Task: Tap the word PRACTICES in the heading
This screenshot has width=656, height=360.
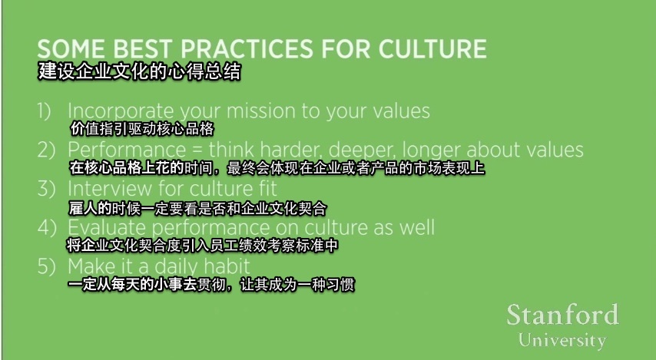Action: (x=247, y=48)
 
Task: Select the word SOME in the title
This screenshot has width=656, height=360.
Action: (x=71, y=48)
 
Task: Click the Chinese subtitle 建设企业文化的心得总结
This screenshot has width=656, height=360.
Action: (x=139, y=71)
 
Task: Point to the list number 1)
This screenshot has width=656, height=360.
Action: (x=45, y=111)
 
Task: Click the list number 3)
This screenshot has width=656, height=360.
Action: (x=46, y=189)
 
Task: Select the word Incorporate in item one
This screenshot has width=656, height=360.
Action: (x=121, y=111)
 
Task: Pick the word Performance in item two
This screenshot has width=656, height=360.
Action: (x=127, y=150)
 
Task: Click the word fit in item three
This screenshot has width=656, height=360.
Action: (x=266, y=189)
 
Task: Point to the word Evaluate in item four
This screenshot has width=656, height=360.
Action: (x=107, y=228)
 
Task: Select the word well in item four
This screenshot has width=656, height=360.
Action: (x=416, y=227)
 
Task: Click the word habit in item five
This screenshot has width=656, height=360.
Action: (x=227, y=266)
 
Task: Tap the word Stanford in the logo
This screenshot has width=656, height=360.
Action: (x=563, y=315)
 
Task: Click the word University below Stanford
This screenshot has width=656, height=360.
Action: (x=562, y=340)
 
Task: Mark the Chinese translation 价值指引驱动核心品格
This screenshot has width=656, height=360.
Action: (x=142, y=129)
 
